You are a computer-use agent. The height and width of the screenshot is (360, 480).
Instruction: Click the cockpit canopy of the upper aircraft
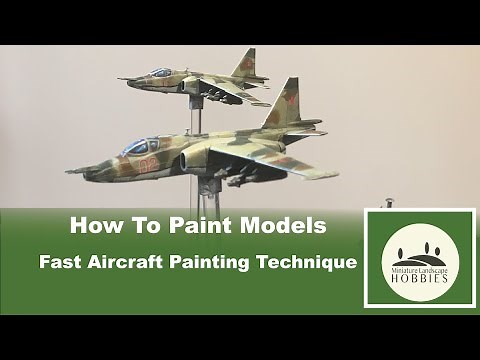160,73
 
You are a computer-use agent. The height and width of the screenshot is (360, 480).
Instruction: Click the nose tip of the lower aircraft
69,172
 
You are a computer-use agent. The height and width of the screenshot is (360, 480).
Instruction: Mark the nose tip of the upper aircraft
119,78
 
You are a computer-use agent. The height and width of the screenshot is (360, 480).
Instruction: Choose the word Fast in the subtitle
63,264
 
